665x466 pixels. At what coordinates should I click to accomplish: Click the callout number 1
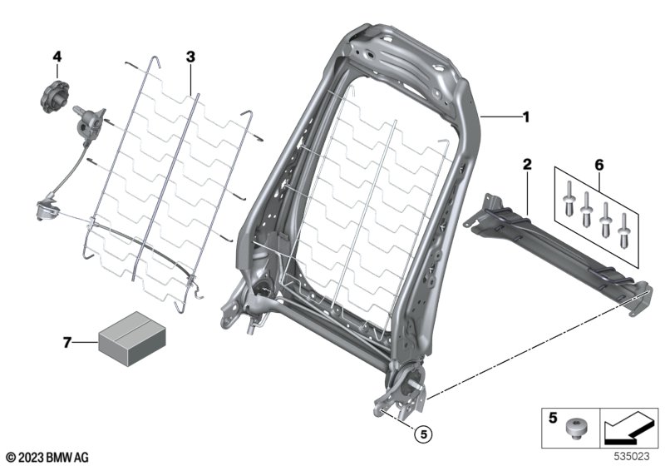pyautogui.click(x=526, y=116)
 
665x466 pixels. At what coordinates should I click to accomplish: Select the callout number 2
pyautogui.click(x=527, y=164)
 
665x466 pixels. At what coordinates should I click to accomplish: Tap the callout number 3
pyautogui.click(x=190, y=57)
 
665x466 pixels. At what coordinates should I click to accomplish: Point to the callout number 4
pyautogui.click(x=57, y=57)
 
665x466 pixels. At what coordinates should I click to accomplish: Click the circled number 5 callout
pyautogui.click(x=423, y=434)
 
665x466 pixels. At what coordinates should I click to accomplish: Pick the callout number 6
pyautogui.click(x=598, y=165)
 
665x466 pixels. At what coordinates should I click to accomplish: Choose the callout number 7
pyautogui.click(x=66, y=342)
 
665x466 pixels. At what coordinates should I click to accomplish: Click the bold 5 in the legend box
pyautogui.click(x=553, y=418)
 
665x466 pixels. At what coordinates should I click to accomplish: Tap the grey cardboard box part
pyautogui.click(x=132, y=338)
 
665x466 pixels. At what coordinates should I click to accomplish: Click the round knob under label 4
pyautogui.click(x=55, y=97)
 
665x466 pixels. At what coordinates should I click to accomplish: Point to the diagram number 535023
pyautogui.click(x=632, y=456)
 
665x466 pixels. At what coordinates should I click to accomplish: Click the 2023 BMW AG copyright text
pyautogui.click(x=47, y=458)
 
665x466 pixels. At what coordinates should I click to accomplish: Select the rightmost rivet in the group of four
pyautogui.click(x=624, y=231)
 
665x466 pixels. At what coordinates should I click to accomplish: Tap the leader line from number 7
pyautogui.click(x=86, y=342)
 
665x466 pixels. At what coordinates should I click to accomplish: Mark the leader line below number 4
pyautogui.click(x=57, y=72)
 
